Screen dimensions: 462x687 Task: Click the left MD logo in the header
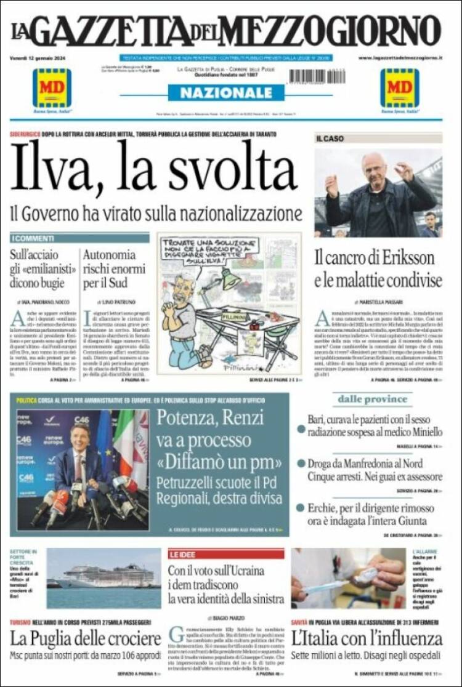click(52, 87)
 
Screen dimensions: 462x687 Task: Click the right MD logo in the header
click(400, 87)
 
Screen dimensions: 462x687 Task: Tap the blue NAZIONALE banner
click(226, 93)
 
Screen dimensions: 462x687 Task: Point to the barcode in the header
click(317, 76)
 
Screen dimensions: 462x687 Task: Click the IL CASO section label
click(331, 139)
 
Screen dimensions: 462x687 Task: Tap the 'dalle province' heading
click(373, 400)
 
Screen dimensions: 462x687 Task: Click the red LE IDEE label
click(182, 554)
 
